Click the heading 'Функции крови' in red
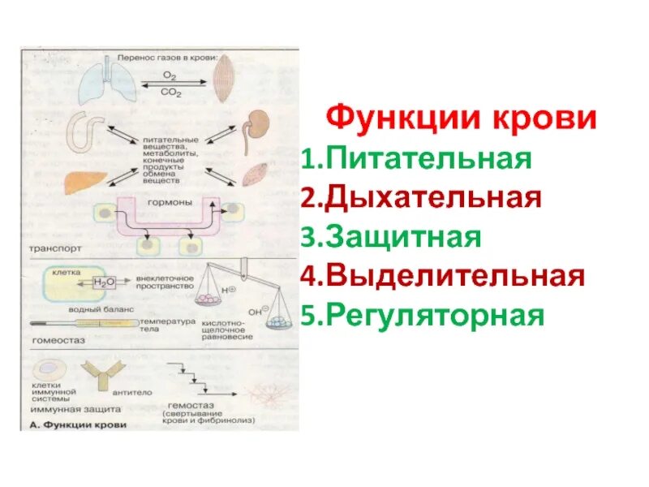(461, 120)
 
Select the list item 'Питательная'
(415, 158)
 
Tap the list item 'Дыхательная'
(420, 197)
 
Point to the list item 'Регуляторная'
(422, 315)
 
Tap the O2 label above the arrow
(169, 75)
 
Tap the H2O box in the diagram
(105, 282)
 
